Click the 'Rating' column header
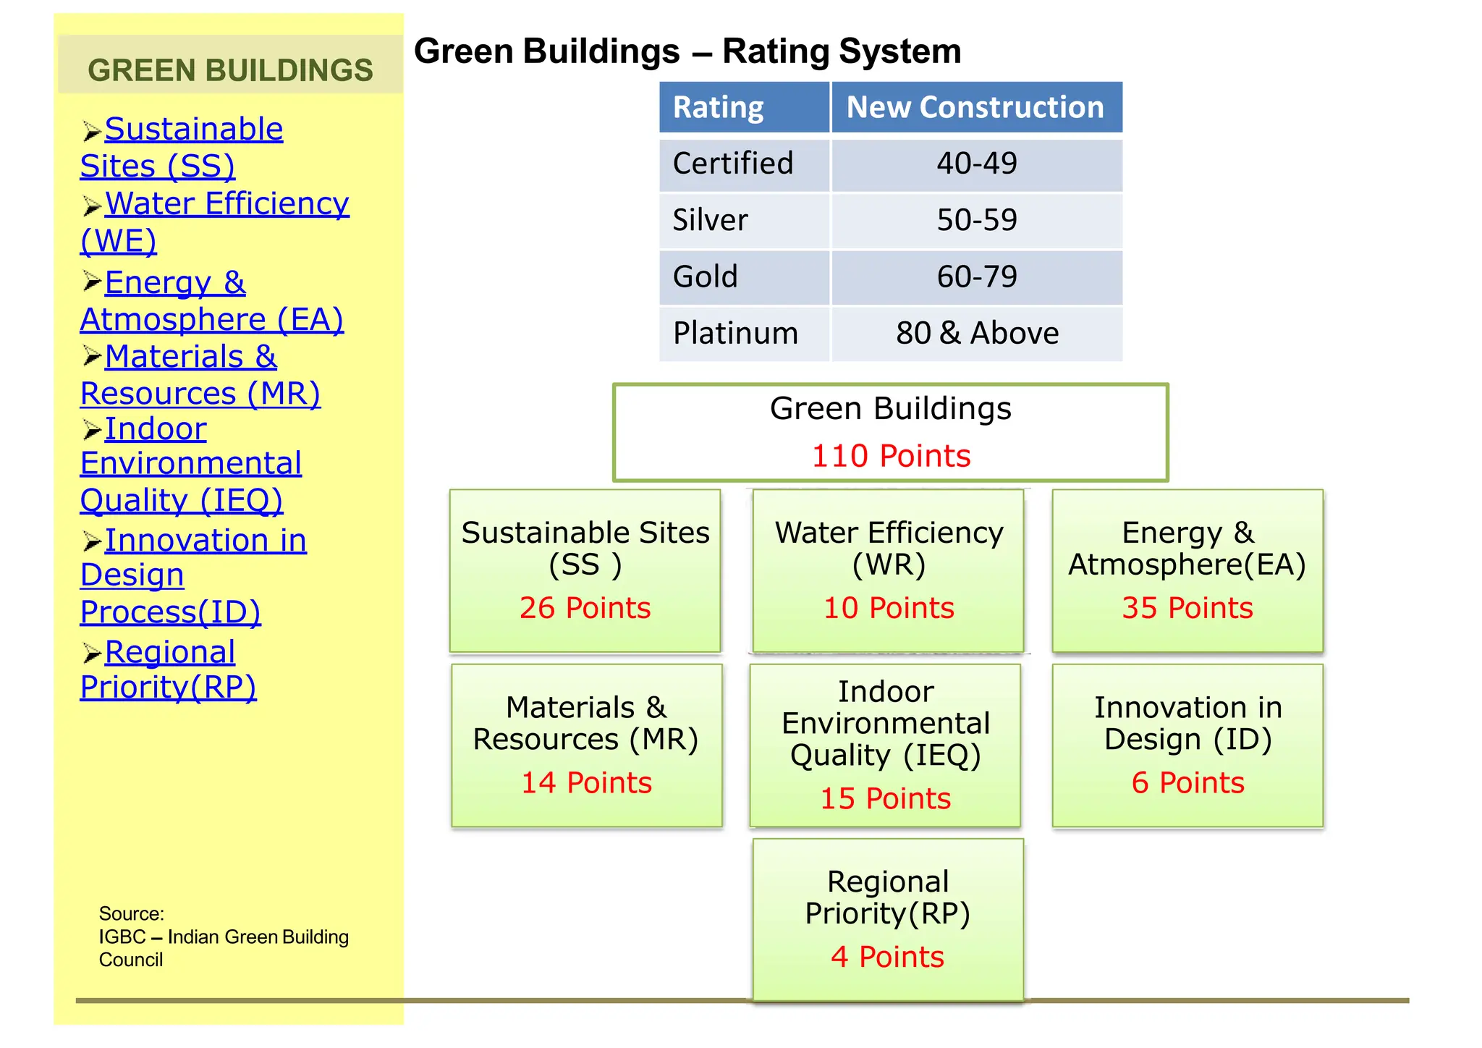718,108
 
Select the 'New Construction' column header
975,108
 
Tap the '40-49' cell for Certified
976,164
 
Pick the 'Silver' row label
710,220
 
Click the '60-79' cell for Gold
976,276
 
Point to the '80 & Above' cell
976,333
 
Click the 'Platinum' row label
735,333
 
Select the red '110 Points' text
891,456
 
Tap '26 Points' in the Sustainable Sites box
585,608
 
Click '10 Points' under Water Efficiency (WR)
889,608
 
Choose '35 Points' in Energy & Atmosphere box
1187,608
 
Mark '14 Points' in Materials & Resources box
586,783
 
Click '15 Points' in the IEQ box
885,798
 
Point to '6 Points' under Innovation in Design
1187,783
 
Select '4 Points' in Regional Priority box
887,957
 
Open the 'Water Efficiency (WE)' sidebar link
226,205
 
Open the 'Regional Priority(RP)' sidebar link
169,654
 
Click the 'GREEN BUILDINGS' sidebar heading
230,70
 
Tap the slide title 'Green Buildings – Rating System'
687,51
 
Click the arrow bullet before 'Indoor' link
91,431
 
